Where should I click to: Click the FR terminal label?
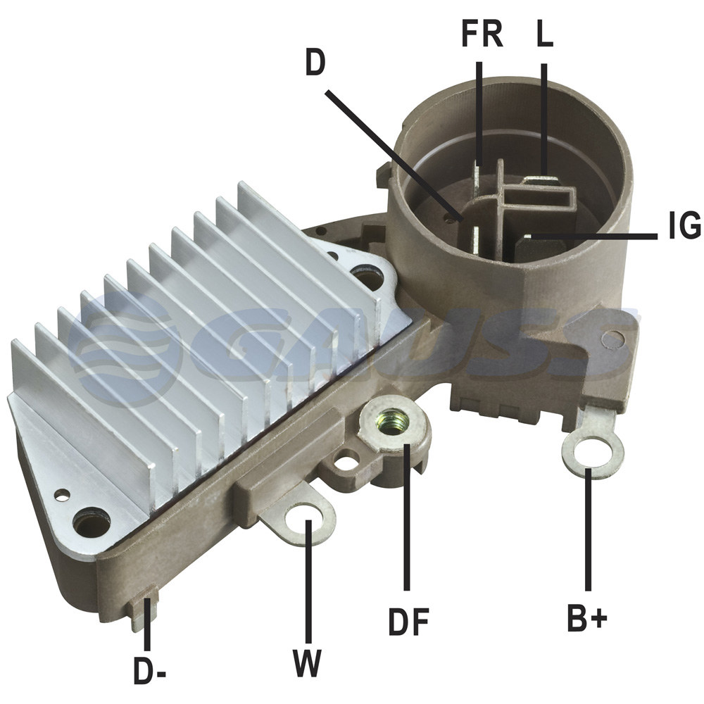(x=482, y=34)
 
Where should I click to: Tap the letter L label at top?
(x=545, y=34)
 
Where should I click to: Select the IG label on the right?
(x=684, y=225)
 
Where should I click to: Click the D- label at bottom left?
(x=150, y=671)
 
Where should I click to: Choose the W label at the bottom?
(x=308, y=663)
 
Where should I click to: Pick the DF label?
(x=408, y=622)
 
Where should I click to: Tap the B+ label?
(x=587, y=618)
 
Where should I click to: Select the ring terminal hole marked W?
(x=304, y=520)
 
